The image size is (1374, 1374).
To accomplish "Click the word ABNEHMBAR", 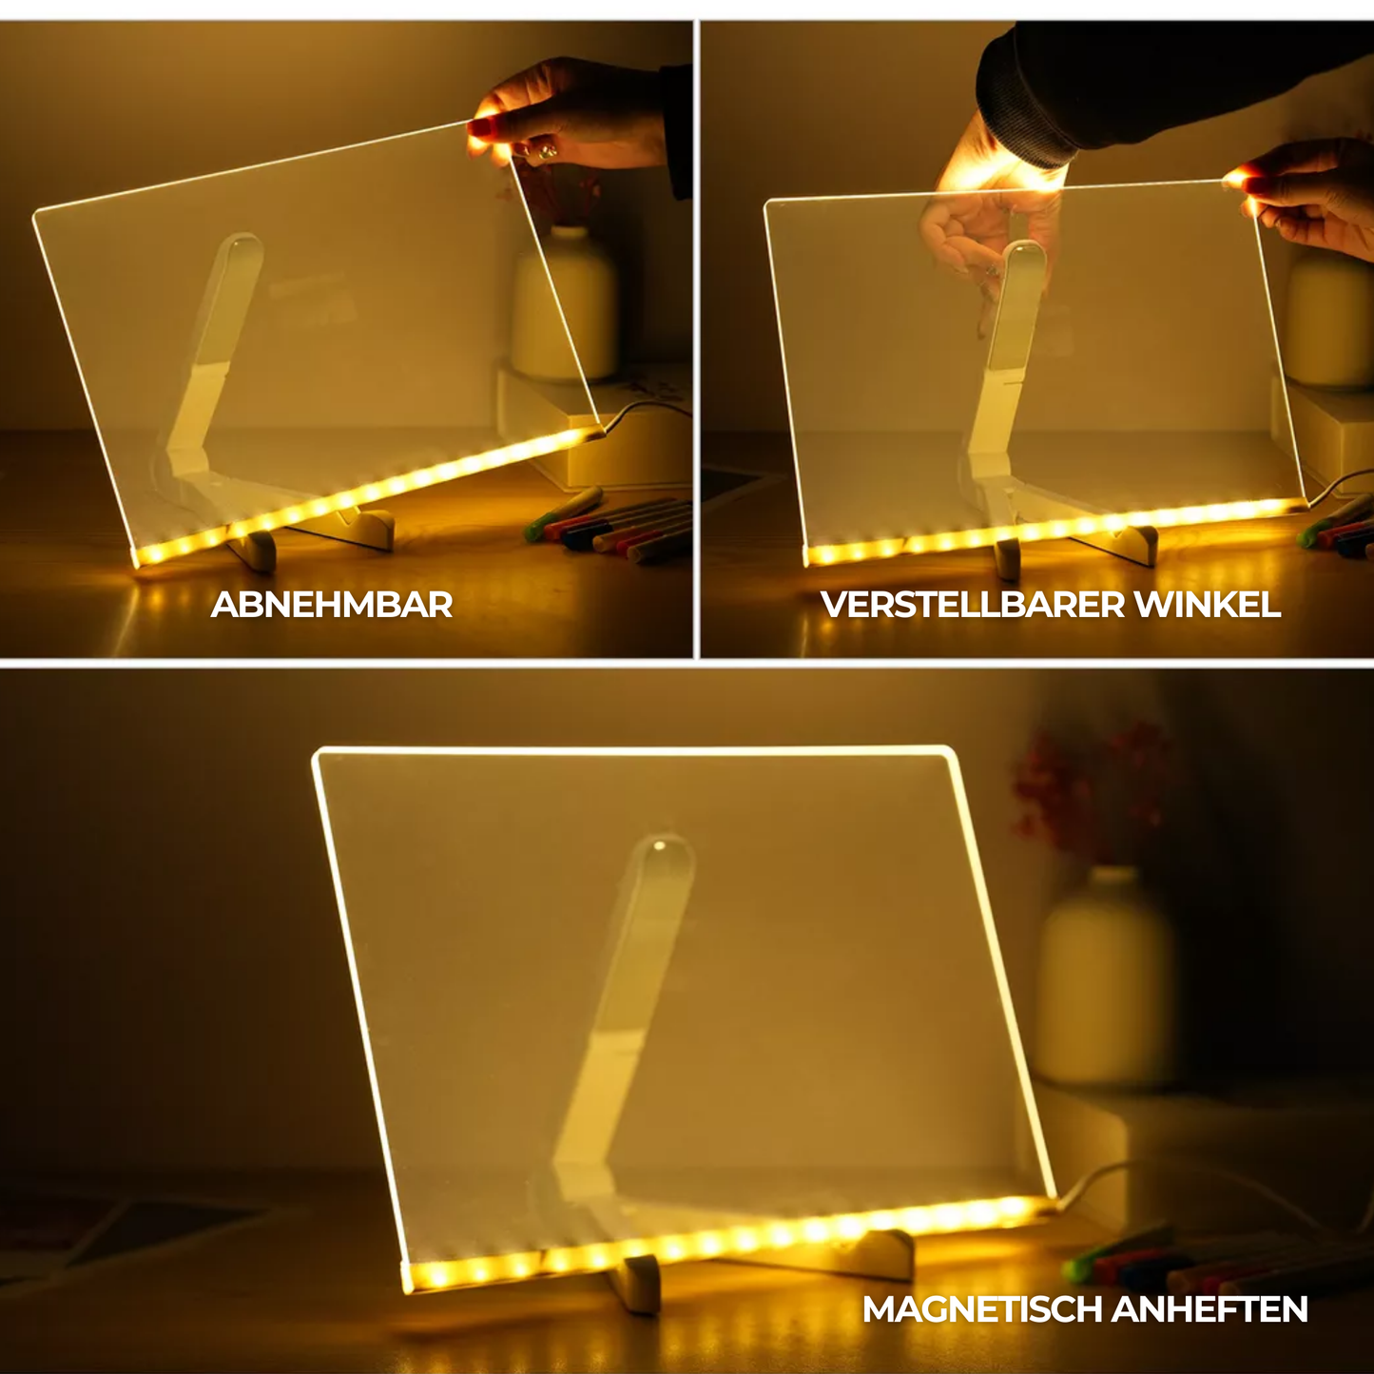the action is pos(332,605).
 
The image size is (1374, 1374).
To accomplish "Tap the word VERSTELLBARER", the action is pos(973,605).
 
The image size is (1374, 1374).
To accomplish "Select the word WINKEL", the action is pos(1208,605).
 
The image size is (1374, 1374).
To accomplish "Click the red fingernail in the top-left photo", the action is pos(482,129).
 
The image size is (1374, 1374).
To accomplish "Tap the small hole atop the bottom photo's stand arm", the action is pos(659,847).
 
